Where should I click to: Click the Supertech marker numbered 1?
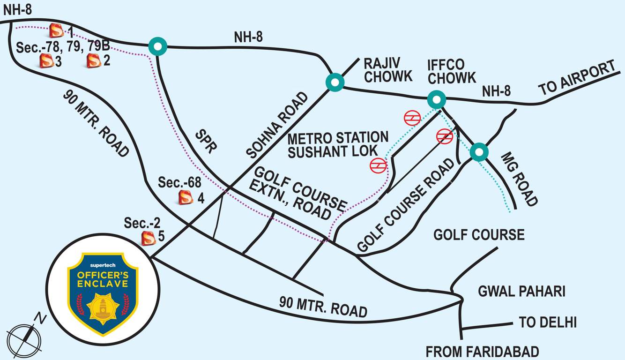click(56, 31)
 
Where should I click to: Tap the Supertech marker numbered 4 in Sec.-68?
click(186, 197)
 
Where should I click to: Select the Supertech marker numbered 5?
click(149, 238)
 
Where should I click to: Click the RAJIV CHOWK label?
click(388, 70)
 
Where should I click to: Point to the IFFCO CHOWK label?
click(451, 71)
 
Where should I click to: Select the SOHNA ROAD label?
click(277, 125)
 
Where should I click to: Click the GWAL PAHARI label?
click(521, 292)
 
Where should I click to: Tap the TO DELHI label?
click(547, 322)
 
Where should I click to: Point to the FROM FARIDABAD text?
click(482, 352)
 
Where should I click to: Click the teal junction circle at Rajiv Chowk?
click(335, 82)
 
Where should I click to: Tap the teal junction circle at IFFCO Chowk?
click(436, 99)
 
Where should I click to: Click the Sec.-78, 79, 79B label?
click(63, 47)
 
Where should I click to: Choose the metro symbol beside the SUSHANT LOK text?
click(378, 165)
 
